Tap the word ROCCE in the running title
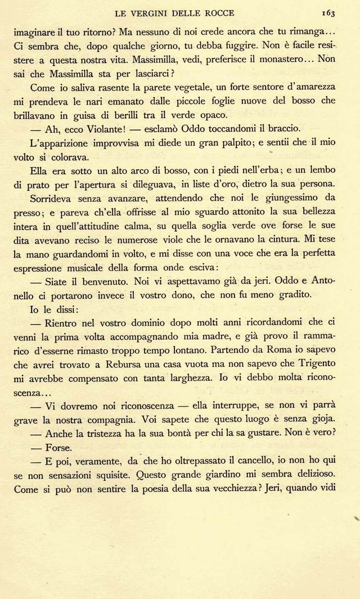pos(218,12)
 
